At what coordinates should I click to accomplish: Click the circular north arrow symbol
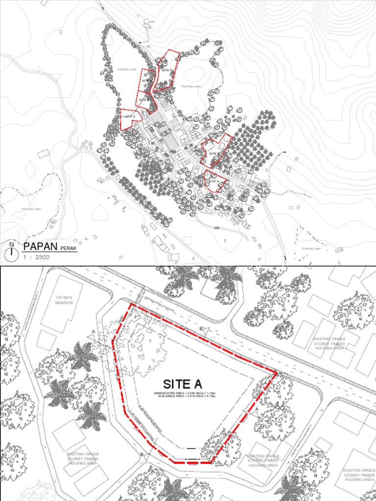[x=12, y=253]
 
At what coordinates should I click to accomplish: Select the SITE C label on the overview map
[x=129, y=116]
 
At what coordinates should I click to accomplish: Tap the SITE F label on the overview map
[x=167, y=70]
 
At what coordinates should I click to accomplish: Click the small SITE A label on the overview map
[x=213, y=181]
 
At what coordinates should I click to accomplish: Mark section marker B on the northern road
[x=201, y=328]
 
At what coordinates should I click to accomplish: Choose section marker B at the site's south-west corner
[x=142, y=455]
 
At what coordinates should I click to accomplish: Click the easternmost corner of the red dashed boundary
[x=277, y=373]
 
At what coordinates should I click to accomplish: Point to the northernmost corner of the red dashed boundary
[x=131, y=304]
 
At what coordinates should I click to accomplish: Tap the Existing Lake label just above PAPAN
[x=31, y=209]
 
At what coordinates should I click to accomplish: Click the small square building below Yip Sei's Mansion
[x=47, y=339]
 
